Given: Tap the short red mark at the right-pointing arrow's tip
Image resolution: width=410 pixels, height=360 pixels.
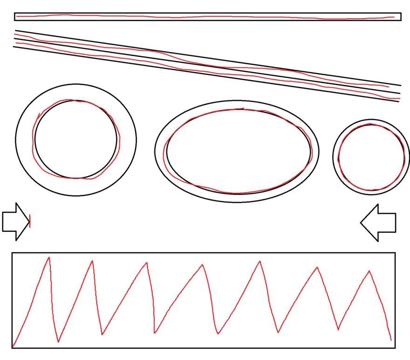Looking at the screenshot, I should click(30, 221).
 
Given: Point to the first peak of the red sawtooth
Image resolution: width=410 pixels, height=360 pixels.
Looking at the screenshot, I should click(48, 257).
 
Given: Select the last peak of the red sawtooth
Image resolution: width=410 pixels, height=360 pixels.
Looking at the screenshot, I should click(370, 271).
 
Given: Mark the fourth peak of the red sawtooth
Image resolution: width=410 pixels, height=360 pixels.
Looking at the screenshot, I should click(202, 265).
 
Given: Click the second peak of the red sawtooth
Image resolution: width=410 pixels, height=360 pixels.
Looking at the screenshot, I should click(92, 260).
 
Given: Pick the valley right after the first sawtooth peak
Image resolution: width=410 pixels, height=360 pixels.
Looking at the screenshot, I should click(58, 342).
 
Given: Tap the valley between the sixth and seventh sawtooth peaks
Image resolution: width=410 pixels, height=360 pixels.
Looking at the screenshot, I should click(338, 330).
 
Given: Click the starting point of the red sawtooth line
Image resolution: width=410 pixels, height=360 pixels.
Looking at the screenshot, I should click(13, 346).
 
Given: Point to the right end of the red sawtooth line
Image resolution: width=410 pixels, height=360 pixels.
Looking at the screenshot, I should click(391, 340).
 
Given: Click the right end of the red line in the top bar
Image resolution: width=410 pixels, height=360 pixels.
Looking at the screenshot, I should click(394, 17).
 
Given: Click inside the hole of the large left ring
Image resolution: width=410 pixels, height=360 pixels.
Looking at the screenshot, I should click(76, 139).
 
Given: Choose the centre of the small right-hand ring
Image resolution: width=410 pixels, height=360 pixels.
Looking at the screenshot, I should click(371, 157).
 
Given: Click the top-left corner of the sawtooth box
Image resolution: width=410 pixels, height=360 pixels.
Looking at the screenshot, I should click(12, 253).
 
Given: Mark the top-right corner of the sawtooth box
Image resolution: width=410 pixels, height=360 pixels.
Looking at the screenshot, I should click(395, 253).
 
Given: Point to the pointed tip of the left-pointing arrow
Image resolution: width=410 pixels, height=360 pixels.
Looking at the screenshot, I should click(361, 223).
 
